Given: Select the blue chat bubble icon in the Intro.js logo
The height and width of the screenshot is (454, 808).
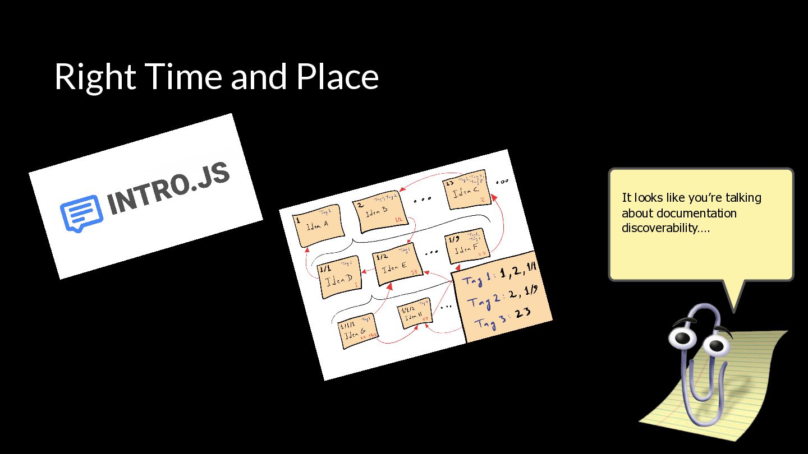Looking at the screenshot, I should pyautogui.click(x=81, y=212).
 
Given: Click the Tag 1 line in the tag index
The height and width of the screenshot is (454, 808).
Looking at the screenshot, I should pyautogui.click(x=499, y=275).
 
